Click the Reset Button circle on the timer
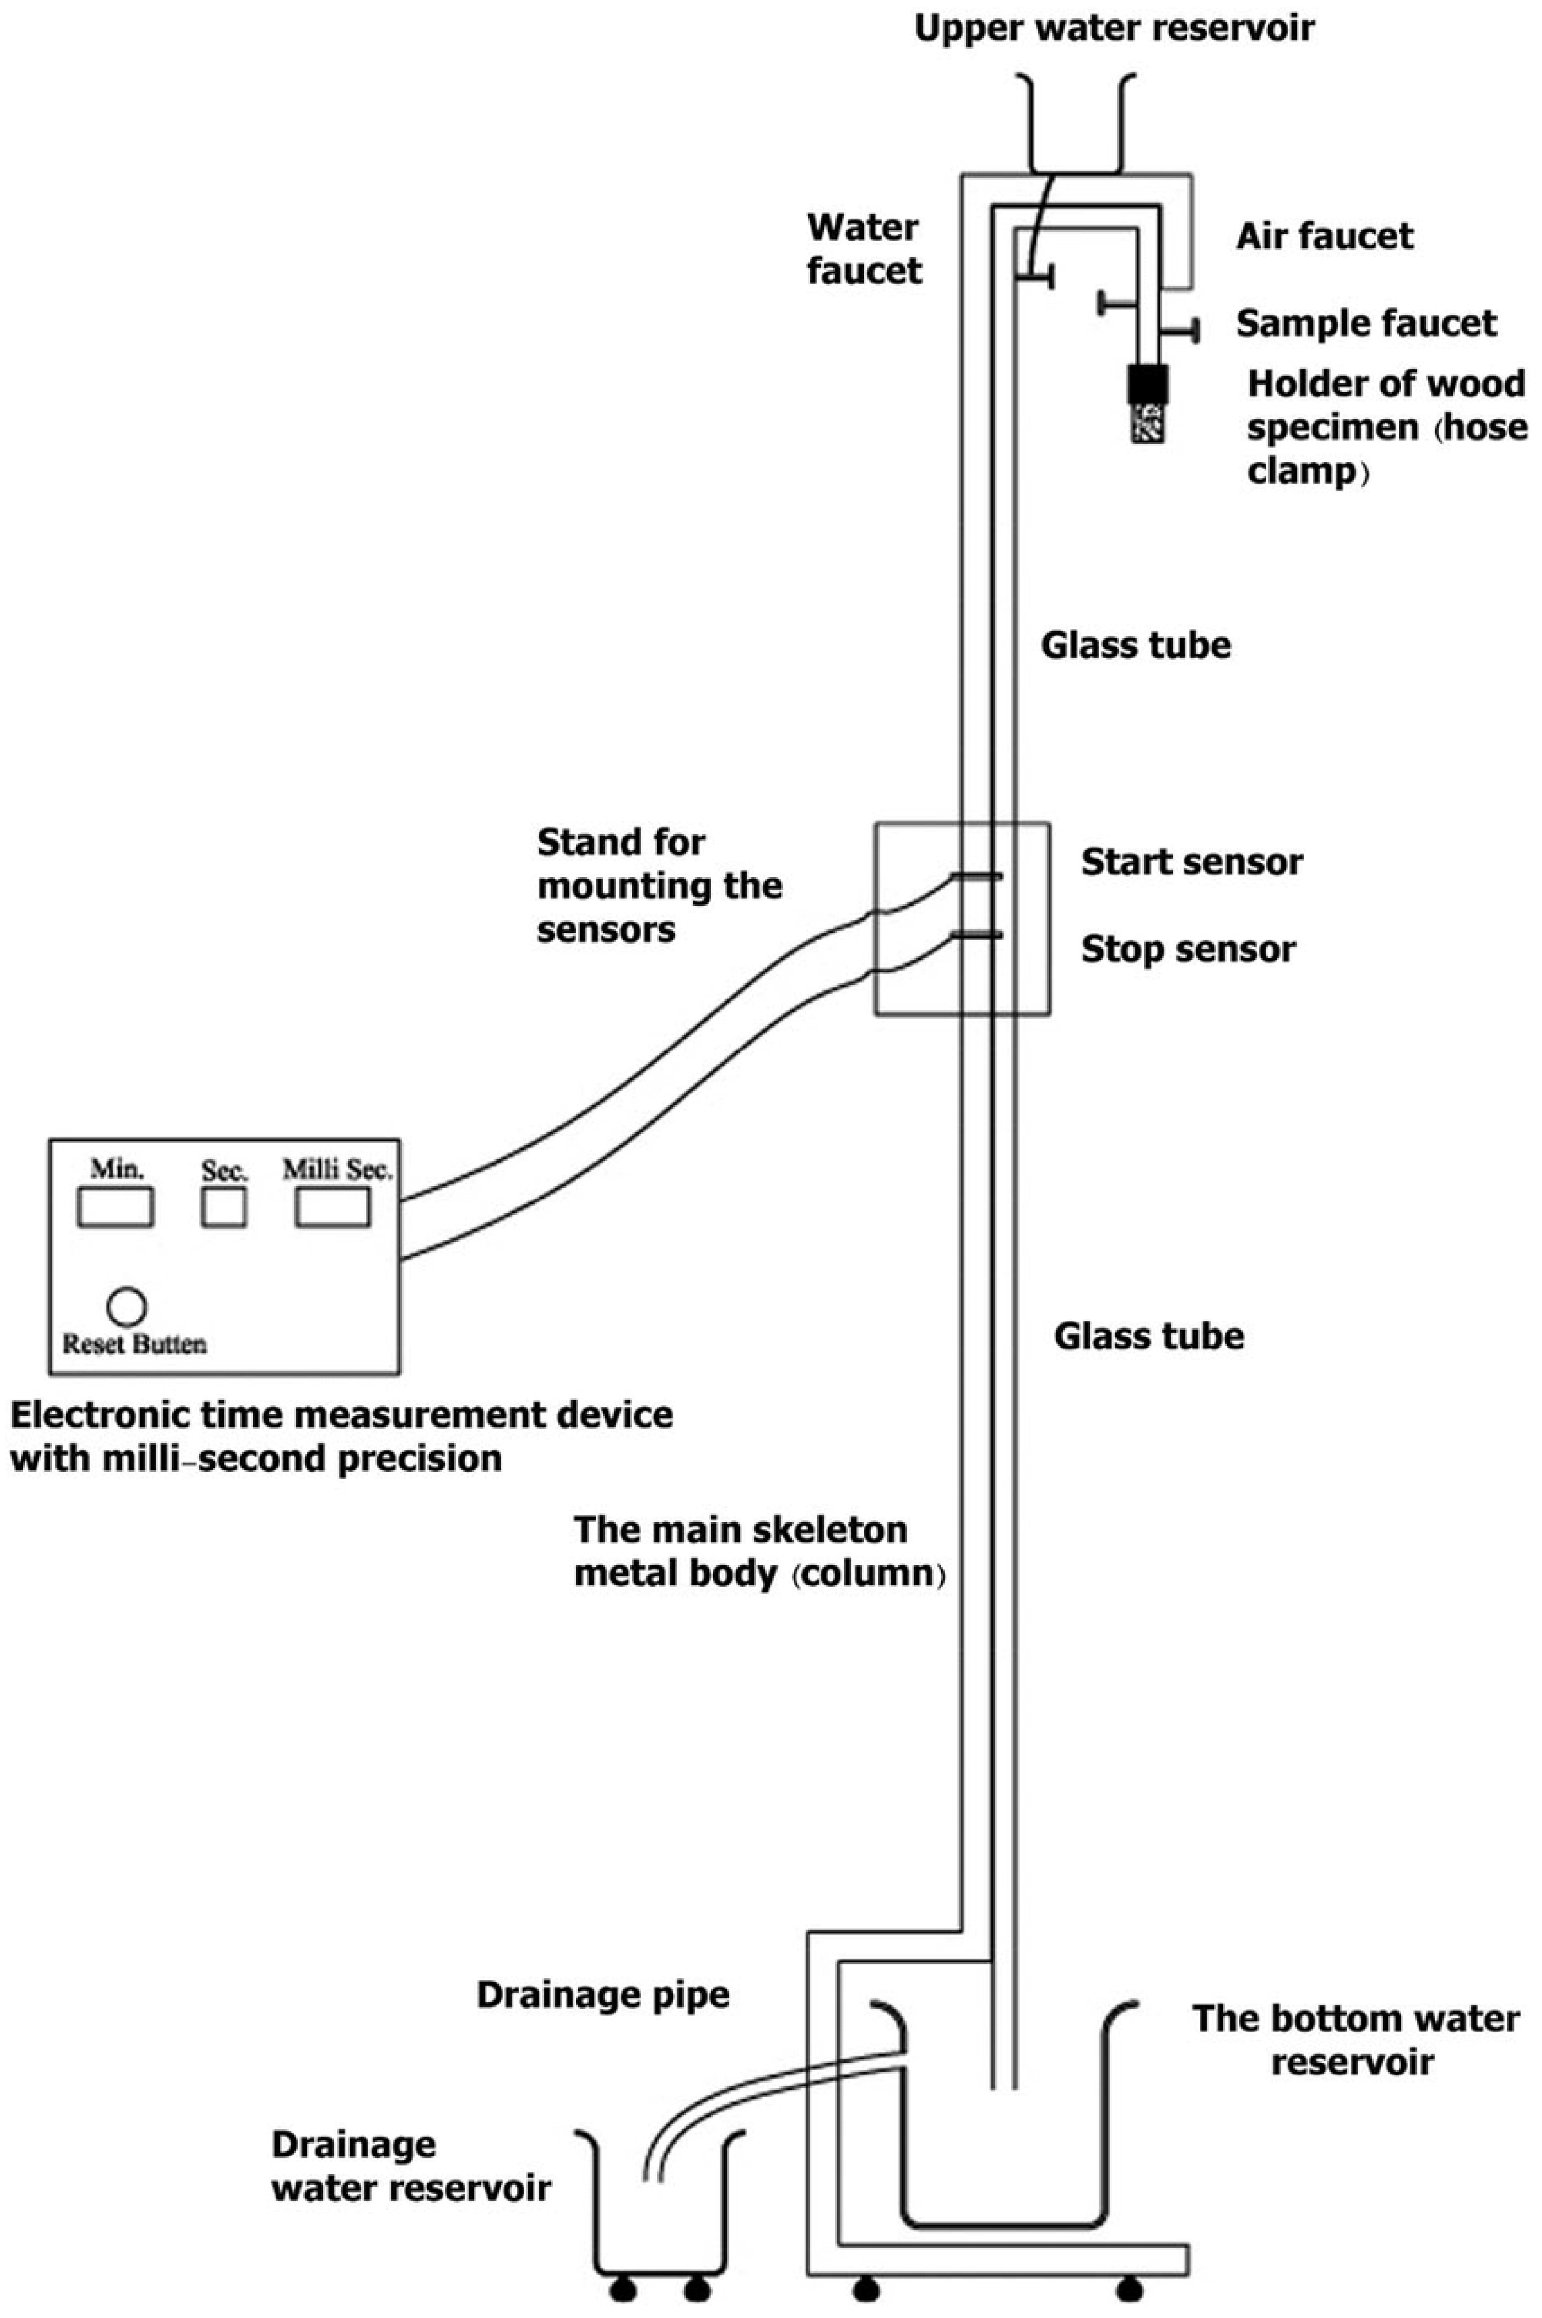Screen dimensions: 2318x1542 coord(127,1306)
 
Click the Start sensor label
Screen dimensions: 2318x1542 coord(1191,862)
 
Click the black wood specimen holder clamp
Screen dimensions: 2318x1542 coord(1147,385)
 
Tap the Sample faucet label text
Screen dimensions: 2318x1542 coord(1366,324)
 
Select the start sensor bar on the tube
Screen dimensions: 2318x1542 coord(976,875)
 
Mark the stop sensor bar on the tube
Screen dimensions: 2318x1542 coord(976,935)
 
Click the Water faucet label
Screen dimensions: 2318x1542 coord(863,249)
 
